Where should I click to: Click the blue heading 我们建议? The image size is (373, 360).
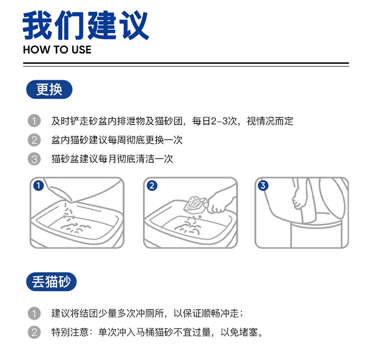86,25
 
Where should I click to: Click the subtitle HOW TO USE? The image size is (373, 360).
57,50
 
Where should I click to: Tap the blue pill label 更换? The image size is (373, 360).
49,90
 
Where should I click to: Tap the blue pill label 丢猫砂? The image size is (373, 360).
51,282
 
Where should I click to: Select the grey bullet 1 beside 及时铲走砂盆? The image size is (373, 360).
34,121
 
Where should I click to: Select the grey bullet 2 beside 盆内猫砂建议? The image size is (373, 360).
34,140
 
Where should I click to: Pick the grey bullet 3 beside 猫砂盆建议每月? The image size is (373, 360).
34,159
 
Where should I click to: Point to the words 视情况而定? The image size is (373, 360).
270,121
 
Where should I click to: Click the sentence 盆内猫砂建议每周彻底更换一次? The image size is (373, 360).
117,140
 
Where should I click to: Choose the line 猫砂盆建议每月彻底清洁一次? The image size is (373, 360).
112,159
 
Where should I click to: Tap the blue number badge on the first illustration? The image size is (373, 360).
38,185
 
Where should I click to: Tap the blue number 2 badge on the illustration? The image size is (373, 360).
152,185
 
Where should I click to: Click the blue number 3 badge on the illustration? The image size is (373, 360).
263,185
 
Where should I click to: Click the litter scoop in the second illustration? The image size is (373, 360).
195,205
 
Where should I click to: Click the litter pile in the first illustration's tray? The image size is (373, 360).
76,228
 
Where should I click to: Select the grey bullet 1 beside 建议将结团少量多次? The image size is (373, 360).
34,313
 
